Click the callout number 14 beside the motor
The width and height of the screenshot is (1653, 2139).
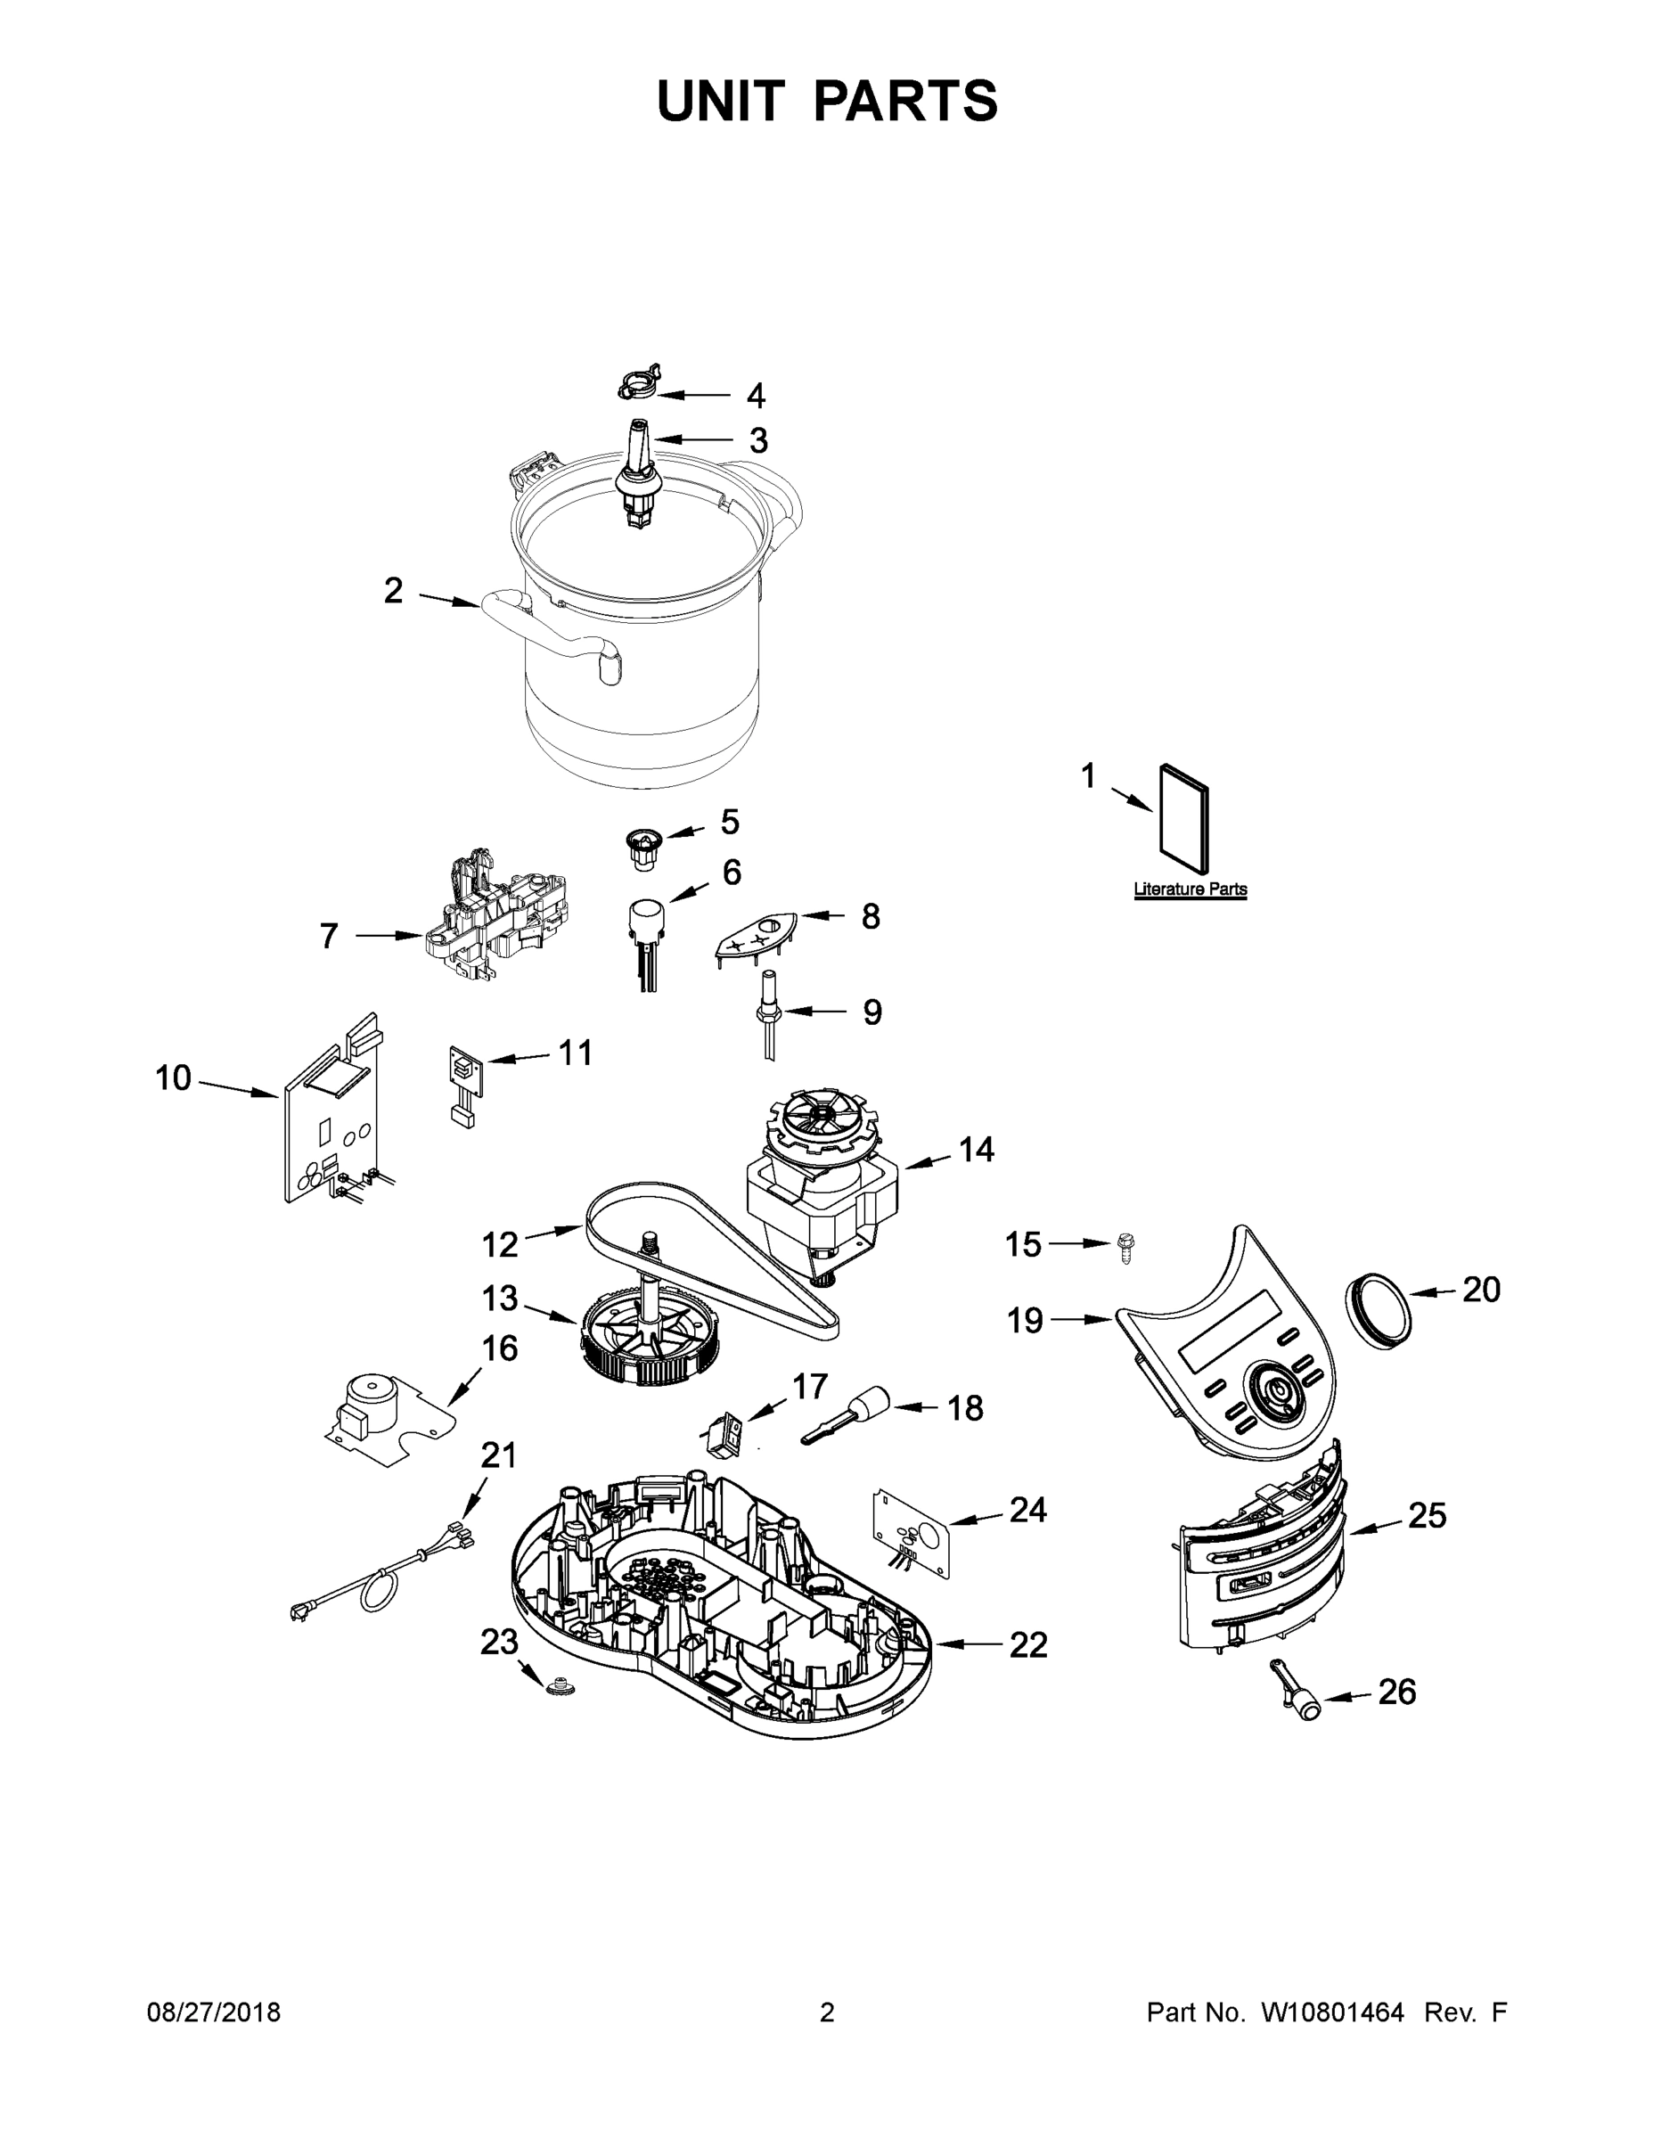click(976, 1149)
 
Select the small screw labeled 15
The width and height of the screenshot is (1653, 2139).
click(1126, 1249)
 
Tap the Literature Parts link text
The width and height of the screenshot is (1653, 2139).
click(1190, 889)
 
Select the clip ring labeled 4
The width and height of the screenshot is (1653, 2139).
click(640, 384)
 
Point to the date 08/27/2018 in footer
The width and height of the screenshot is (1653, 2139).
click(214, 2012)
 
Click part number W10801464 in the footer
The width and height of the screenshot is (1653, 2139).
click(1332, 2012)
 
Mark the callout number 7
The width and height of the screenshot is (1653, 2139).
click(329, 937)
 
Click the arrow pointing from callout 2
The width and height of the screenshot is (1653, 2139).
click(448, 601)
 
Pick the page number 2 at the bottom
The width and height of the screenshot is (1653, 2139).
click(827, 2012)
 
